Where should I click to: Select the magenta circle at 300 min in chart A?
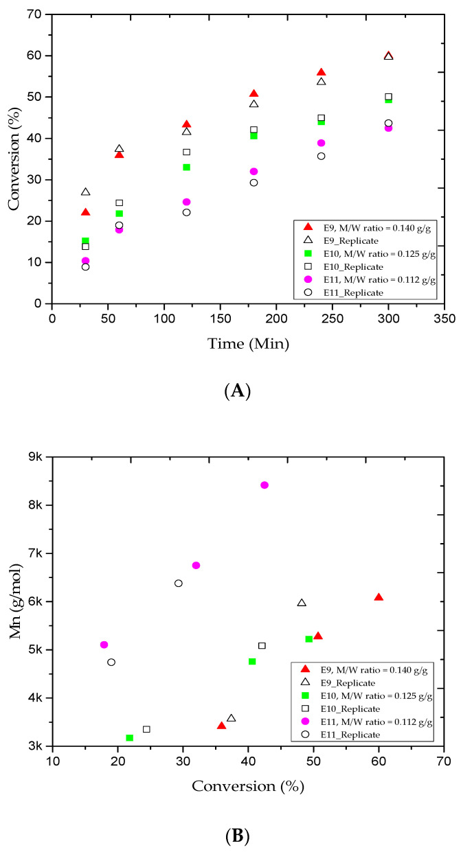pos(388,128)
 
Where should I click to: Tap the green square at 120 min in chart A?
pos(186,167)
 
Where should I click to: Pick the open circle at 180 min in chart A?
pos(254,183)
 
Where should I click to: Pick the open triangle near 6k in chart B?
pos(302,603)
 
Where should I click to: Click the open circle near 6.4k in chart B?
pos(179,583)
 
